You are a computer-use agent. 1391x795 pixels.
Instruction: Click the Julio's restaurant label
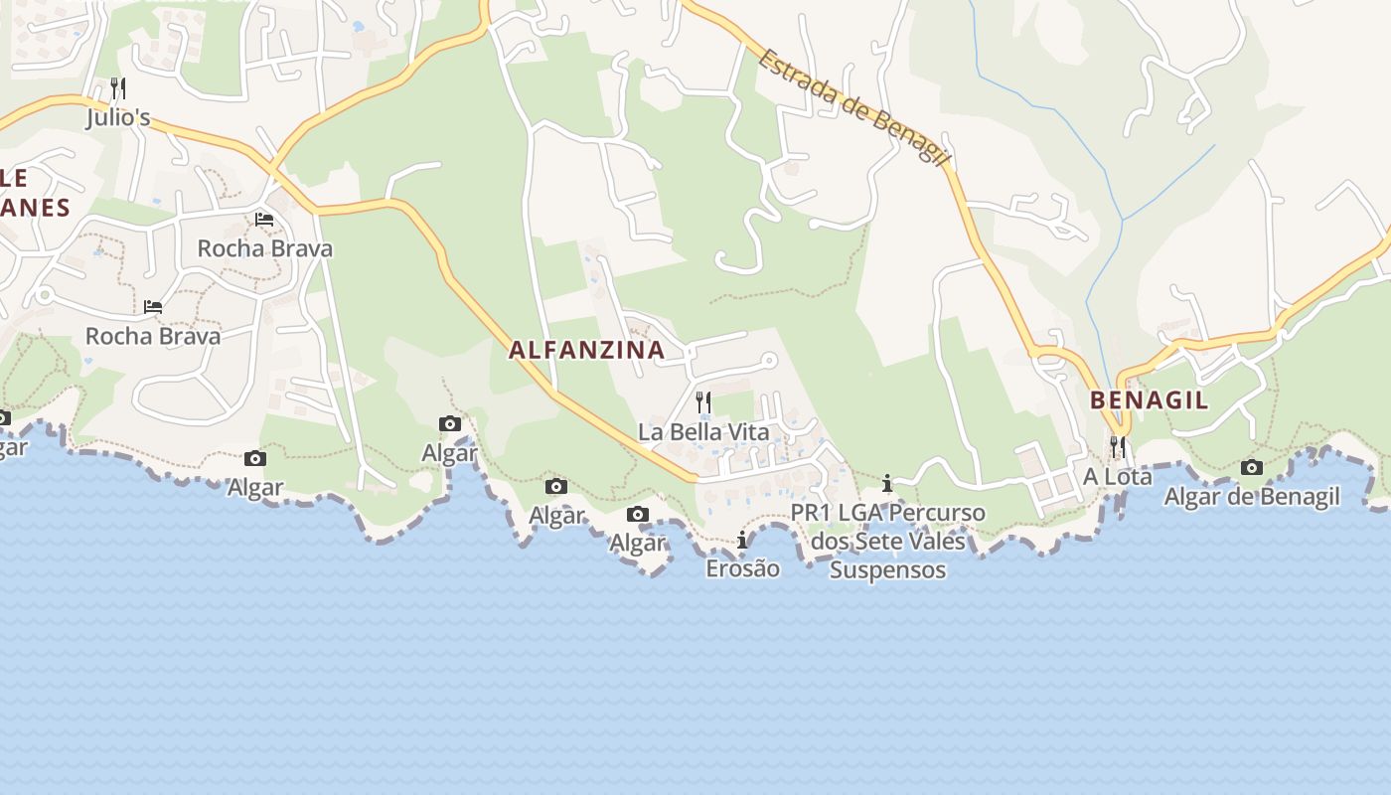(118, 118)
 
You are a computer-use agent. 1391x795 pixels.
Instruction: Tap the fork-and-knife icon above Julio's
(118, 87)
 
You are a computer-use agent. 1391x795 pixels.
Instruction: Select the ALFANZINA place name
(586, 350)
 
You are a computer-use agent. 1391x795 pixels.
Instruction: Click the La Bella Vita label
(703, 432)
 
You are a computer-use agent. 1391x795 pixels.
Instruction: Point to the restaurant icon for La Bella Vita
(703, 401)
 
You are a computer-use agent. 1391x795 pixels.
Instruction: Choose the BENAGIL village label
(1149, 400)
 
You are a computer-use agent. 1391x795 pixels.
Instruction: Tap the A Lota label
(1118, 477)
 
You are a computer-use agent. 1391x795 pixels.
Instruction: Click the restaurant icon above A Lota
(1118, 446)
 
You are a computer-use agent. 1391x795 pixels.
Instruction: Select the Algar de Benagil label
(1252, 497)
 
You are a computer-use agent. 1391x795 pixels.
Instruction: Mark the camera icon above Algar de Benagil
(1252, 467)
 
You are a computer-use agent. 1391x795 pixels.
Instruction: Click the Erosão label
(742, 569)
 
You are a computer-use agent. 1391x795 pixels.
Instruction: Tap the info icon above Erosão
(742, 540)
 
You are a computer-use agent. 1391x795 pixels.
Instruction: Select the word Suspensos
(887, 570)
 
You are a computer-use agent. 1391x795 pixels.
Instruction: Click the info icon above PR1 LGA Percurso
(887, 484)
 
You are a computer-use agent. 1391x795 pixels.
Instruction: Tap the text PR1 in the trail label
(811, 514)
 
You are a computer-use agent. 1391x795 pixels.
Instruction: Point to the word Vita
(750, 432)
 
